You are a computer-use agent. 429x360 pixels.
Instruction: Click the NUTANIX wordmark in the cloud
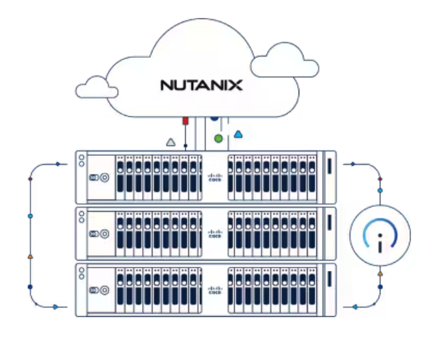click(x=201, y=86)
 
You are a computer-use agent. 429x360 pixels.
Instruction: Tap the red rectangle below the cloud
click(x=186, y=121)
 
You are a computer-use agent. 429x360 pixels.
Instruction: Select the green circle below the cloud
click(x=219, y=139)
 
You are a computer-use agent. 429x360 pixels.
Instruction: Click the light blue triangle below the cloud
click(x=238, y=134)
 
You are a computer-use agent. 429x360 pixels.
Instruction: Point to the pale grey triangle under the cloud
click(x=170, y=143)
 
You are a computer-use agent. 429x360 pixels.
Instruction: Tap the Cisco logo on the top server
click(x=214, y=177)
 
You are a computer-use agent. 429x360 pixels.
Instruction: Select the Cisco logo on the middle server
click(x=214, y=233)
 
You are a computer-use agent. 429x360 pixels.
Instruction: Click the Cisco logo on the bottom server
click(x=214, y=290)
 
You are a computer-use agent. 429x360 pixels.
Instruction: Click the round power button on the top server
click(x=104, y=177)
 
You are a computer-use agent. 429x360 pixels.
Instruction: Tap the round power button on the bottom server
click(x=104, y=290)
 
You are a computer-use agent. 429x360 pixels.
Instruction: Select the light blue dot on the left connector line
click(x=30, y=216)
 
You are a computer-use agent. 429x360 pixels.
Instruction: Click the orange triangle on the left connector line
click(x=30, y=257)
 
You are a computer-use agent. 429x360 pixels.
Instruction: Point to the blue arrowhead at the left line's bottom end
click(x=55, y=306)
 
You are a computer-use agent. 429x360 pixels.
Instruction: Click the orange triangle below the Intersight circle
click(x=380, y=274)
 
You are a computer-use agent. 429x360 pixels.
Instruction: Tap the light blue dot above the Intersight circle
click(x=380, y=190)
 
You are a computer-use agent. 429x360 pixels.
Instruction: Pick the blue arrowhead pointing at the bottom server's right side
click(x=354, y=306)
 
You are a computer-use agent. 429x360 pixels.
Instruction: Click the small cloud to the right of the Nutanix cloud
click(x=285, y=61)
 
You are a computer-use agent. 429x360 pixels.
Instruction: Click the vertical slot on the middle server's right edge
click(x=330, y=223)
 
